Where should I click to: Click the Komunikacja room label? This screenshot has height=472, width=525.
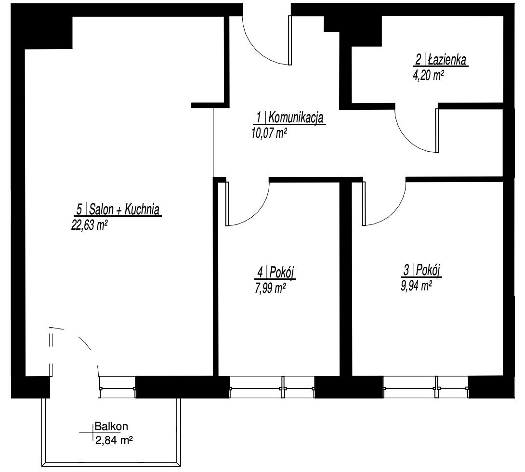tap(289, 118)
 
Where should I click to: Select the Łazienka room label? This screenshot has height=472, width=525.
tap(440, 60)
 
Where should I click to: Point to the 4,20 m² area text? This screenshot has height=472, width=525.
tap(429, 76)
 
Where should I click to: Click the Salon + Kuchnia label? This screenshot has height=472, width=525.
tap(118, 210)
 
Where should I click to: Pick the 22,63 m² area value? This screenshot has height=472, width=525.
tap(89, 225)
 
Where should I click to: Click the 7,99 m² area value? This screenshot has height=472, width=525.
tap(270, 288)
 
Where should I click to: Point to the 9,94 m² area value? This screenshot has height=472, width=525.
tap(416, 286)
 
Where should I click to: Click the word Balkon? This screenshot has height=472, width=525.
tap(111, 426)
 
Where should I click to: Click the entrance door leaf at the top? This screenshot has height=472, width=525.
tap(290, 40)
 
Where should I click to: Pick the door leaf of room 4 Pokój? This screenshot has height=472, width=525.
tap(227, 204)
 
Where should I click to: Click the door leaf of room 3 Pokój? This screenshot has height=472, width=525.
tap(364, 204)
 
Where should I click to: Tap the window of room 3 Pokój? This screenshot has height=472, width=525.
tap(426, 388)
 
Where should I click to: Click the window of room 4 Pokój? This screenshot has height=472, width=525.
tap(272, 388)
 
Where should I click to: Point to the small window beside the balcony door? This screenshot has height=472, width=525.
tap(118, 388)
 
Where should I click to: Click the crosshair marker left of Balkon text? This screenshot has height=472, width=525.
tap(92, 433)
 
